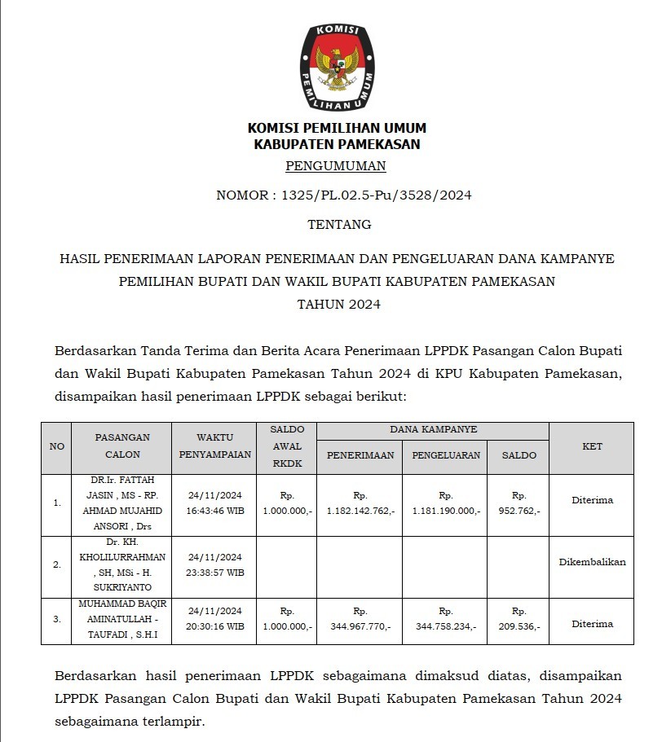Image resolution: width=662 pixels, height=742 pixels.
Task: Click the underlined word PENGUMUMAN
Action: [x=336, y=167]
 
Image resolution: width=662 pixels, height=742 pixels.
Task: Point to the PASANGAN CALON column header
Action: [x=122, y=446]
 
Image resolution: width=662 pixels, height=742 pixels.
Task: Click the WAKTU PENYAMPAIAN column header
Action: [x=213, y=446]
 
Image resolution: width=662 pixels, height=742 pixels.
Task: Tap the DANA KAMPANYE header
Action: [x=433, y=428]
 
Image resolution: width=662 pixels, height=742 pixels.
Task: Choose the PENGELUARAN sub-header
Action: [x=445, y=455]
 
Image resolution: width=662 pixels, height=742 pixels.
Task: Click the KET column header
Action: [x=592, y=446]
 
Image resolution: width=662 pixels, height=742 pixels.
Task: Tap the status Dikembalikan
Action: [x=592, y=562]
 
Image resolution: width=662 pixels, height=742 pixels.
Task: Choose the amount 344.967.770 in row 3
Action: [x=360, y=626]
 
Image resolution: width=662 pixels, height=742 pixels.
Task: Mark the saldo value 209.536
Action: [x=518, y=626]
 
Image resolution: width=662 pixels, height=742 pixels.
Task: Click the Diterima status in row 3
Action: [x=592, y=624]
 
